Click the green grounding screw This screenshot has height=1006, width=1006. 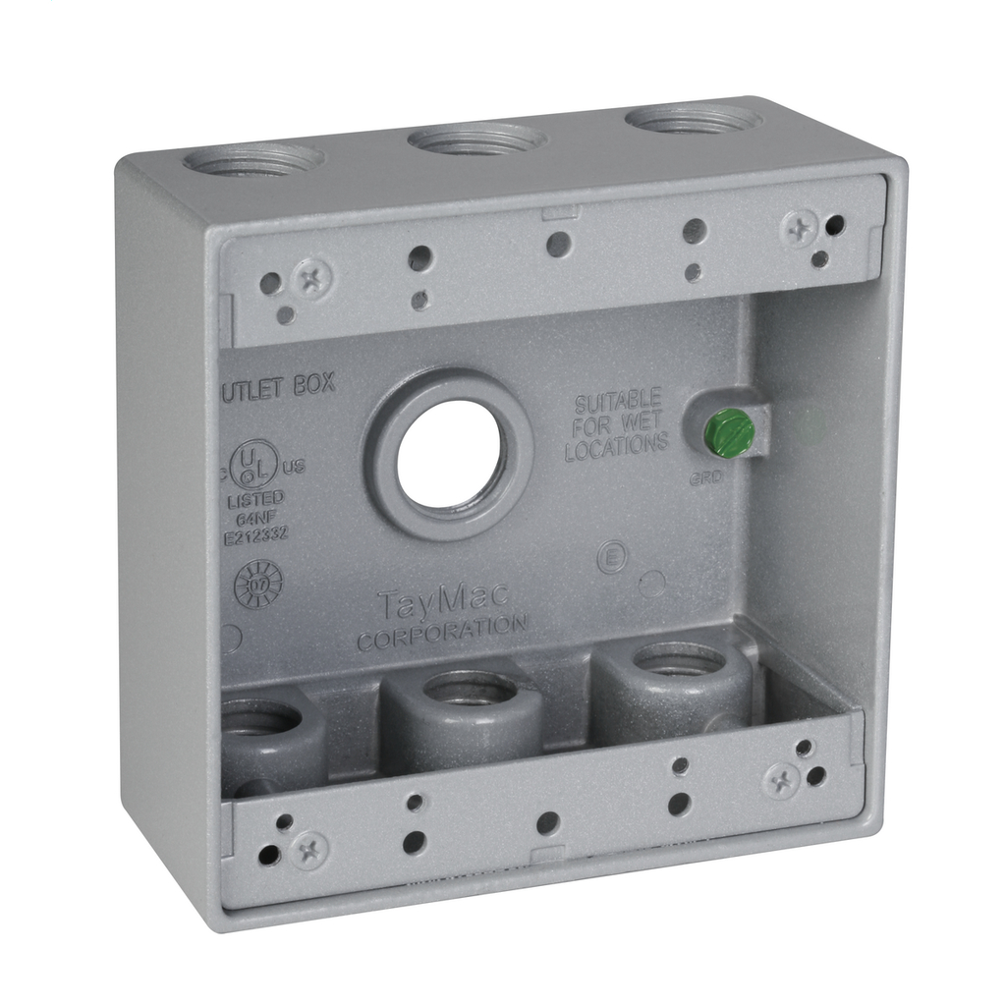tap(731, 432)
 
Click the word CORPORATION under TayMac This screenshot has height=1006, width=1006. tap(442, 632)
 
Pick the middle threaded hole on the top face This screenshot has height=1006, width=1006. tap(477, 139)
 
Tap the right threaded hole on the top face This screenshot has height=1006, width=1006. tap(694, 120)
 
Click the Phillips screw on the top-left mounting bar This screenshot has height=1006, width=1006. tap(314, 277)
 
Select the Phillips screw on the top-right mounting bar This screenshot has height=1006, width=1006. tap(799, 230)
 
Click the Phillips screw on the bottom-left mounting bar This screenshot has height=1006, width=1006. tap(310, 850)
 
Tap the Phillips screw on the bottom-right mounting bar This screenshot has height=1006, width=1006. tap(781, 781)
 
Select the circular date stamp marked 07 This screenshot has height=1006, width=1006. tap(258, 586)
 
